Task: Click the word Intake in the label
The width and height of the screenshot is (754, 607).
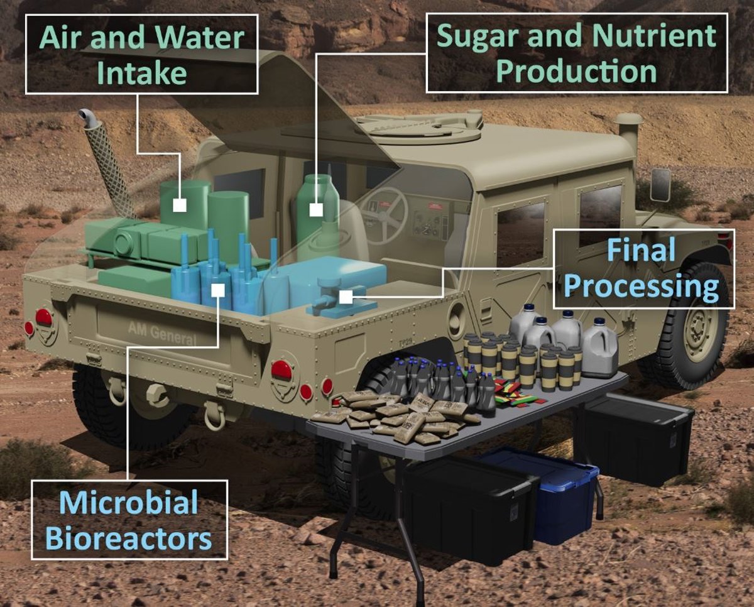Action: pos(141,73)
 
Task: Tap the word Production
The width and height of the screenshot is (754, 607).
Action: pos(576,71)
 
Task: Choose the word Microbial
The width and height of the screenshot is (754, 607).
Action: pos(129,502)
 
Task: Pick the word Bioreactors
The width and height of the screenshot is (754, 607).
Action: pos(129,538)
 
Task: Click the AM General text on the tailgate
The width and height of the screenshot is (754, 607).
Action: pos(162,334)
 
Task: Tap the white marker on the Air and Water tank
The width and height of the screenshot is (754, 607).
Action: pos(180,205)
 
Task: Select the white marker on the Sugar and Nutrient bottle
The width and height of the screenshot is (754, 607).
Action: pos(316,210)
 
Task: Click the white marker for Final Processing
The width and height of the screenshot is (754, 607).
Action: pos(346,297)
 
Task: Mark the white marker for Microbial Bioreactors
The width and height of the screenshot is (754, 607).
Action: pos(218,290)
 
